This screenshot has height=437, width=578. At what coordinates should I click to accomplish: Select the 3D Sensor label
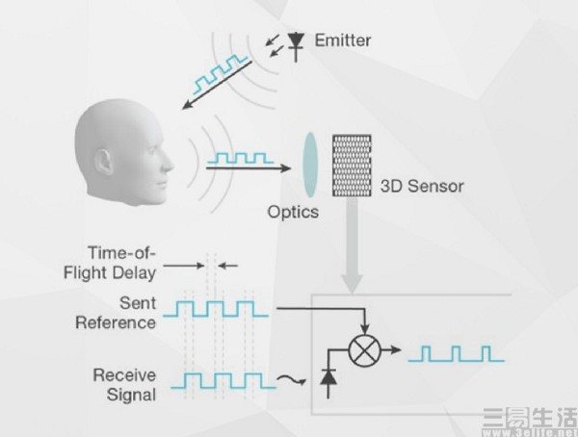[423, 186]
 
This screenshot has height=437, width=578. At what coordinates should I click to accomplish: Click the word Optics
[291, 209]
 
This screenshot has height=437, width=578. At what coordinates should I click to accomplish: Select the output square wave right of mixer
[455, 353]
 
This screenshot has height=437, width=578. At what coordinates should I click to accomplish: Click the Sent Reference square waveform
[220, 309]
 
